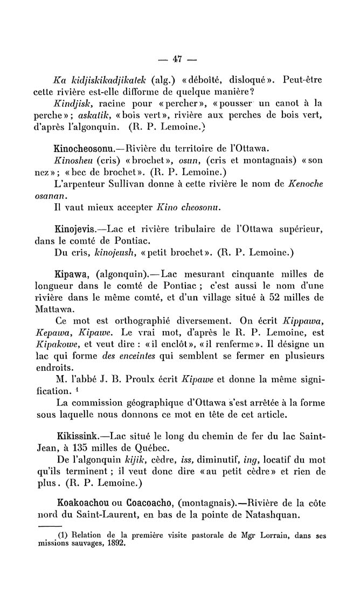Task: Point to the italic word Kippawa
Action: pos(301,318)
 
